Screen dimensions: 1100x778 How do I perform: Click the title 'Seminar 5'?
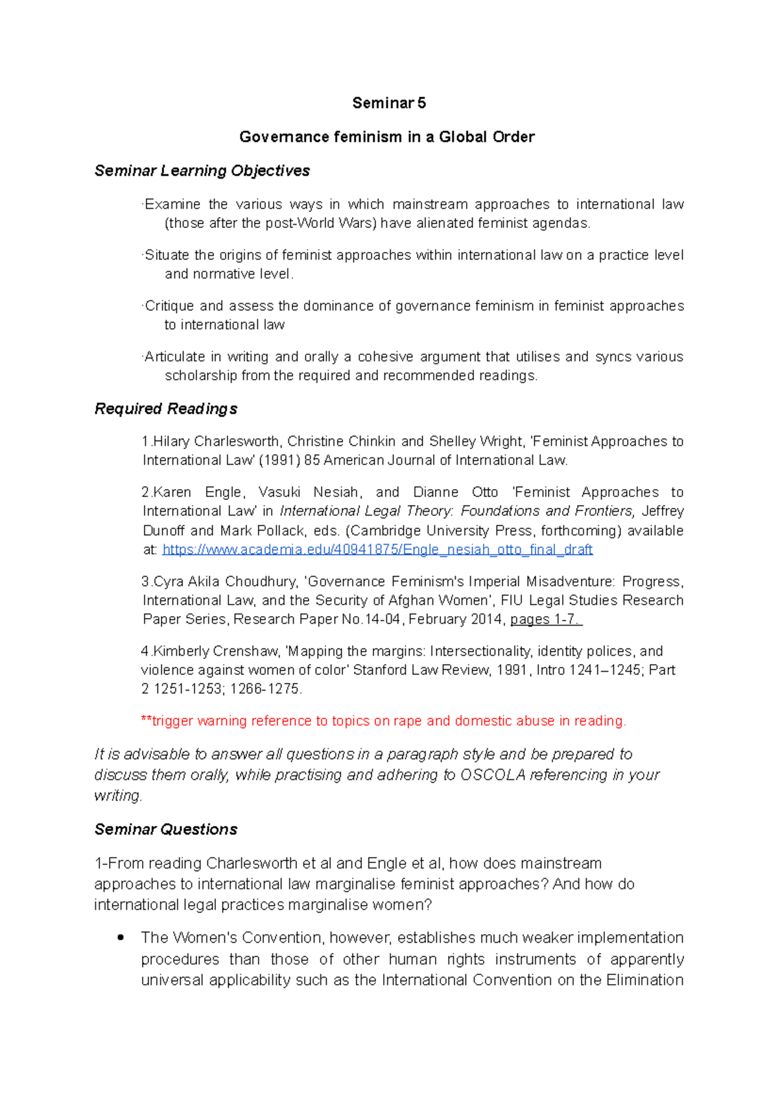point(388,103)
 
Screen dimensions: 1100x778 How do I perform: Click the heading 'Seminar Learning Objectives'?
point(202,170)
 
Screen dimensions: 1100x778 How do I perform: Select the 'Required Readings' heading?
point(165,409)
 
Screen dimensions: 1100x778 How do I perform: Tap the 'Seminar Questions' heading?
point(165,829)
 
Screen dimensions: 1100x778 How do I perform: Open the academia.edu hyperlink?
point(377,549)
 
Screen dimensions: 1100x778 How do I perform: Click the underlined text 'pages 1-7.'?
point(546,619)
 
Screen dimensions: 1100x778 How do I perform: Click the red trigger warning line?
point(383,721)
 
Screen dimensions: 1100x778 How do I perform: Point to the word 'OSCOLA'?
point(492,775)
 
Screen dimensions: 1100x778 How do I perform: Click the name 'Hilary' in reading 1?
point(171,441)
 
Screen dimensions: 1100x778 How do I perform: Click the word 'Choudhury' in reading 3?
point(265,581)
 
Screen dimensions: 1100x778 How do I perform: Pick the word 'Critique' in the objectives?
point(169,306)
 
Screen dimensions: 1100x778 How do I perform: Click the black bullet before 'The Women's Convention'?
point(120,937)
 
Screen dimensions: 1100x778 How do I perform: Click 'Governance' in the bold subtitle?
point(284,137)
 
